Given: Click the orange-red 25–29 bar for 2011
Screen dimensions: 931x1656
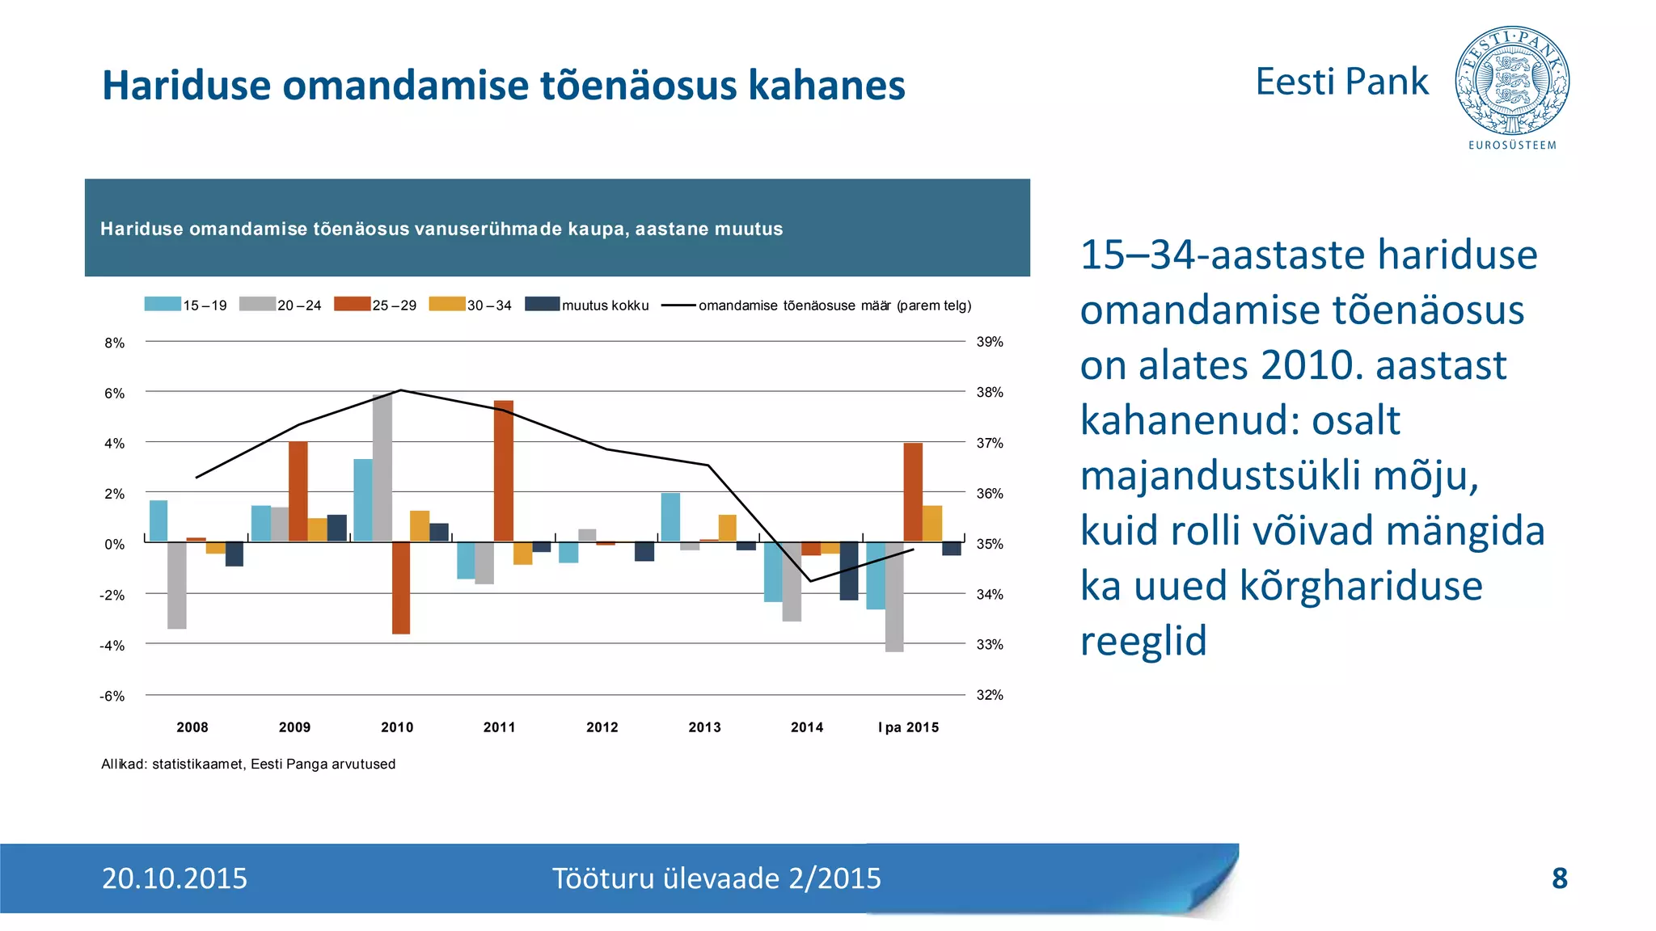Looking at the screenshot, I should pos(503,470).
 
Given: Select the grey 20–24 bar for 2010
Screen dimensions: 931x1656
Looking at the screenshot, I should pos(382,468).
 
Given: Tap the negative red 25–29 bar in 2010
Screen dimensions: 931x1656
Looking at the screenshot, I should pos(401,588).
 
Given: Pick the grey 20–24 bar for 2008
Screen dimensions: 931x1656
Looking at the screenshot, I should pos(177,585).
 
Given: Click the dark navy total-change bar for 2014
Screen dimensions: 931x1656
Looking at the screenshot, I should pos(849,571).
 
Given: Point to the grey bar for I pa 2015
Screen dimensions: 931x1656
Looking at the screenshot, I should pos(894,596).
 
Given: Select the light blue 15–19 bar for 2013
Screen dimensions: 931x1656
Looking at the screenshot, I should pos(670,517).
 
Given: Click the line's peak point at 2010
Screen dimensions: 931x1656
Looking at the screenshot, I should pos(402,390).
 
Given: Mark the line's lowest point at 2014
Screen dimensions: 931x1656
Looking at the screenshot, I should pos(810,581).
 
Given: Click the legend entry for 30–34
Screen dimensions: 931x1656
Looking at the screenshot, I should pos(471,305).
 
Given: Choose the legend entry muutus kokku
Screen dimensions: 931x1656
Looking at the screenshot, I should pos(588,305).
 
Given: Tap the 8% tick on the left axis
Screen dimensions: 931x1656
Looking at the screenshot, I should pos(114,343).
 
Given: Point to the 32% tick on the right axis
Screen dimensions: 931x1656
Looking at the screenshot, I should pos(990,695).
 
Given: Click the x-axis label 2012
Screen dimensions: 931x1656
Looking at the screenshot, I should pos(602,727).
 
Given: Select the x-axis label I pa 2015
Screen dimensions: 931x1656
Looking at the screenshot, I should pos(908,727).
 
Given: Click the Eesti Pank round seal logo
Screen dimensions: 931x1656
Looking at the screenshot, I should pos(1512,81).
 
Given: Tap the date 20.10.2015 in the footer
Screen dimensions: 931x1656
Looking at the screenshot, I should pos(175,878).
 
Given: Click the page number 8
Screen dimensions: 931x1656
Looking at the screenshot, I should pos(1560,878).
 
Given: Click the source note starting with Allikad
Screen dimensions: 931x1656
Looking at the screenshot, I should pos(248,765).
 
